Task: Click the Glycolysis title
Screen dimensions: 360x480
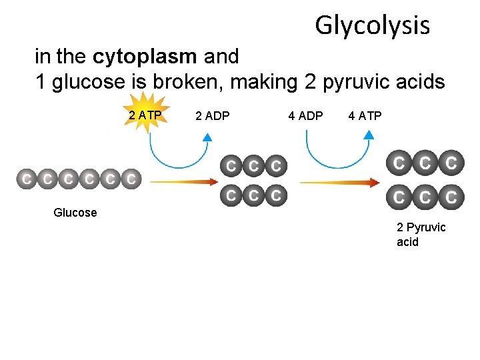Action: coord(372,25)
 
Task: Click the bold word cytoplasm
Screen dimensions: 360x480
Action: coord(145,57)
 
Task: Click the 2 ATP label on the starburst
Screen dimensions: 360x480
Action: coord(145,116)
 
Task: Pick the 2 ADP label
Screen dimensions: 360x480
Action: coord(213,116)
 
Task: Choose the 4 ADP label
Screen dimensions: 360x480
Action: coord(305,116)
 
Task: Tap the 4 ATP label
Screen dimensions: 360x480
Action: coord(365,116)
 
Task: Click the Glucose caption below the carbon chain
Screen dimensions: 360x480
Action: coord(75,213)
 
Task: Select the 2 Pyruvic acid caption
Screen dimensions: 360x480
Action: coord(421,234)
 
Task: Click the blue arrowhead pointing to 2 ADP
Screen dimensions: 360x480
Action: coord(207,137)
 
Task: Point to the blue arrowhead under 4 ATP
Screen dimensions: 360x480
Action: coord(369,134)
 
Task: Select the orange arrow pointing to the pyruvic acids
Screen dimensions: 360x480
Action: coord(340,183)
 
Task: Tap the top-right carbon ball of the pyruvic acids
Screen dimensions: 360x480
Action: coord(452,162)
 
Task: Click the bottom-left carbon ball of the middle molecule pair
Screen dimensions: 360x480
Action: coord(231,195)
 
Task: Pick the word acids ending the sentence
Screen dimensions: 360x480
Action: coord(420,82)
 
